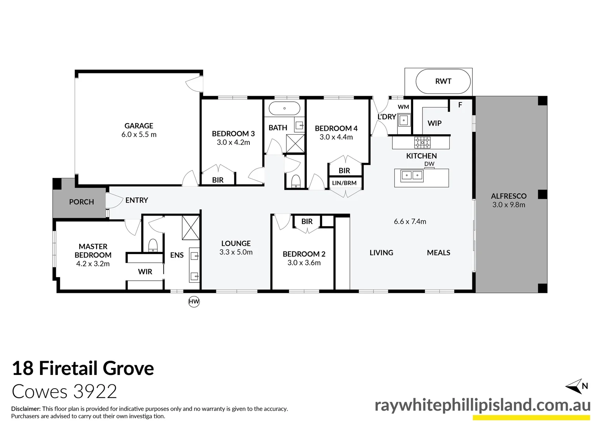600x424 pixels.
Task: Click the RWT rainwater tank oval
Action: [443, 82]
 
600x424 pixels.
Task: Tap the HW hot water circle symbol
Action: [194, 302]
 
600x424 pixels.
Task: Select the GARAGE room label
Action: [139, 126]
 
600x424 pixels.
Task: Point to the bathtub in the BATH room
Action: [284, 108]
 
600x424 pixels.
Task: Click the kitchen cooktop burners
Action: [422, 142]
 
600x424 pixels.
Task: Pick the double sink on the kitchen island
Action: [412, 175]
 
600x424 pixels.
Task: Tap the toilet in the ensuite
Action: [153, 245]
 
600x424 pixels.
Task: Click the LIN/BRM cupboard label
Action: [344, 183]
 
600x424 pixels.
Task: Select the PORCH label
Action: [81, 202]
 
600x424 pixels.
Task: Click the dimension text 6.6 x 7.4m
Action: [410, 221]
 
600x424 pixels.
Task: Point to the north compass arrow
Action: [574, 387]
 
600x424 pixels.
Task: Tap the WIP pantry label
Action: [434, 123]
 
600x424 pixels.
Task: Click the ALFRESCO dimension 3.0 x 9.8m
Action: [509, 205]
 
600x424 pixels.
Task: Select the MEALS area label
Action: [439, 252]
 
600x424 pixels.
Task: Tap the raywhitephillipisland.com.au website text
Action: [483, 405]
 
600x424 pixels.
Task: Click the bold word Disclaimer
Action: [26, 409]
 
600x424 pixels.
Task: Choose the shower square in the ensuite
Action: [190, 227]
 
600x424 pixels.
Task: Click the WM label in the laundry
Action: [403, 107]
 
